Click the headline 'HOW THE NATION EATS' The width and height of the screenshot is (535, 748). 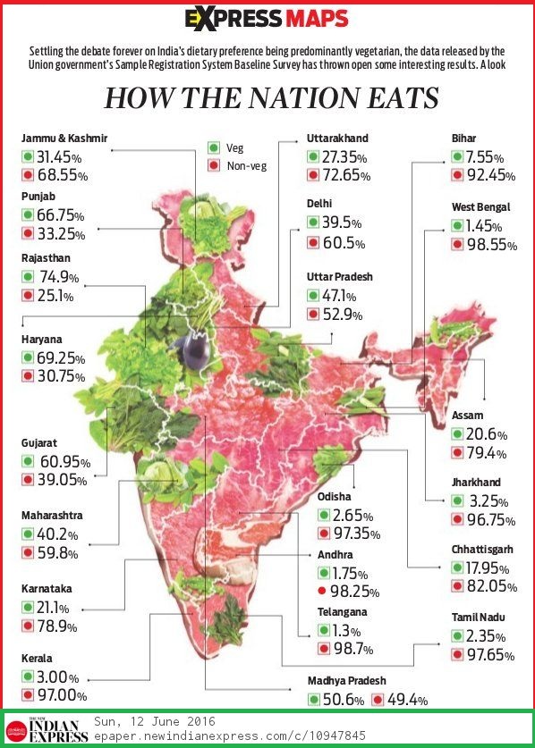271,98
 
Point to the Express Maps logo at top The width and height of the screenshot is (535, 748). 267,19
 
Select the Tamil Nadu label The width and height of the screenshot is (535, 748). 479,617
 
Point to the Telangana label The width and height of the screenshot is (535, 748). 343,612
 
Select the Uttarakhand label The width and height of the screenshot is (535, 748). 336,139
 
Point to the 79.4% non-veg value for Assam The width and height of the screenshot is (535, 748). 489,453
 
